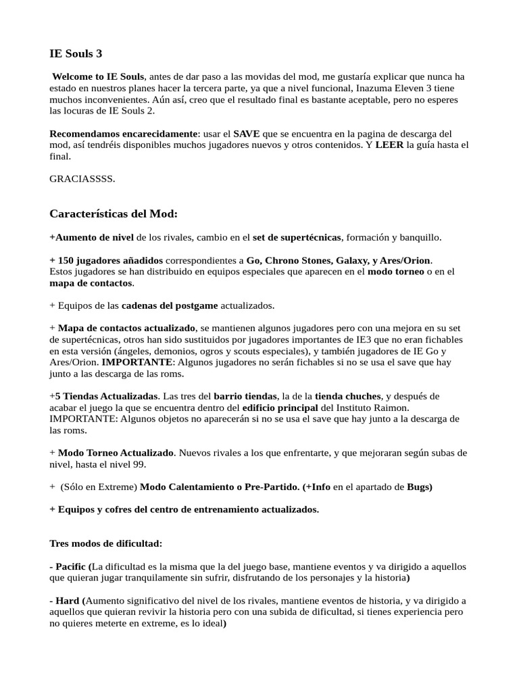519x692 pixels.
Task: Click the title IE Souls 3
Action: (x=76, y=53)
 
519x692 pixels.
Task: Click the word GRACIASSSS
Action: (x=82, y=178)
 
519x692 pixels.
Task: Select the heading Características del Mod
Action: (x=114, y=214)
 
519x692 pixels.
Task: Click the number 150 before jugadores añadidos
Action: (x=66, y=260)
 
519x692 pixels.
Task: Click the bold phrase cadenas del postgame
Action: (x=170, y=305)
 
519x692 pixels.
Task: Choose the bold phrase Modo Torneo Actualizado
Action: (x=116, y=453)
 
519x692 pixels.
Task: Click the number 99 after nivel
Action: (x=141, y=464)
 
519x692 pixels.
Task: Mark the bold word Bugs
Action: (x=418, y=487)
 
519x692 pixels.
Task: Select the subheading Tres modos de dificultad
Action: (x=105, y=543)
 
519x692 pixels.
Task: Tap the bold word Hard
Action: (x=67, y=600)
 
